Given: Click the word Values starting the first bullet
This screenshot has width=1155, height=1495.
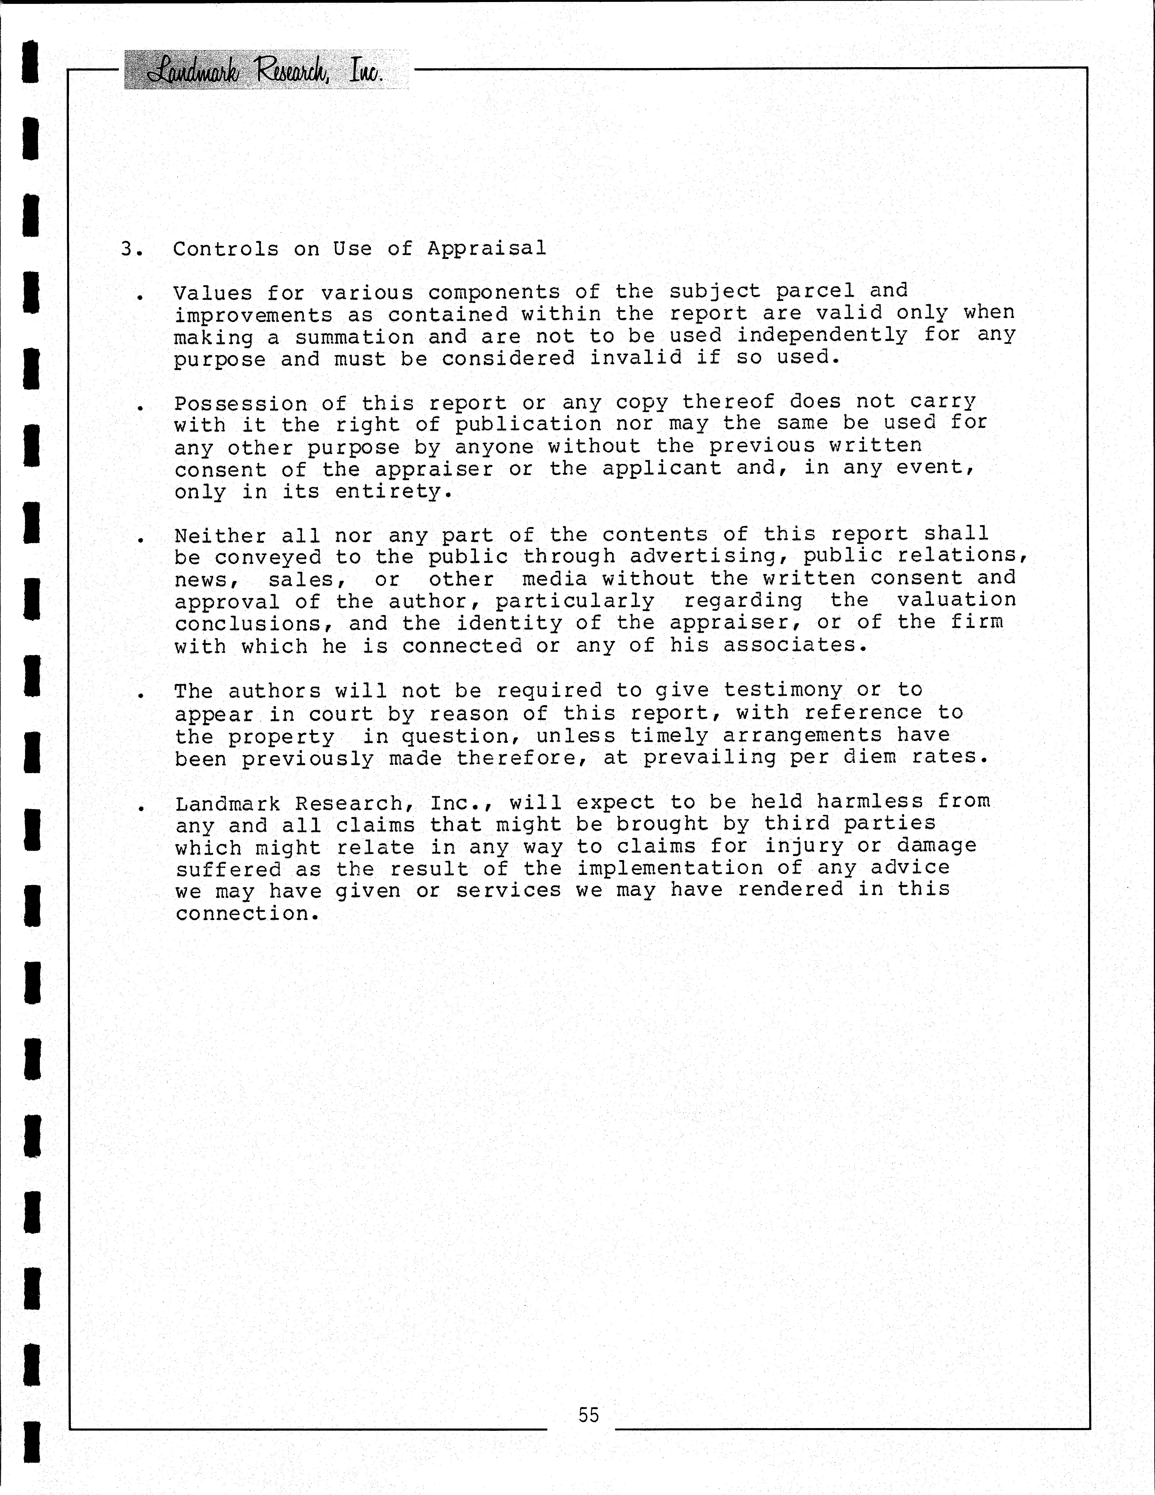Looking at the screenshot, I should tap(213, 293).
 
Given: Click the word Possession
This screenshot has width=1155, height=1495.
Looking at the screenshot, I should tap(240, 404).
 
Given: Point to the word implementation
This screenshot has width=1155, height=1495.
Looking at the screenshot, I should tap(669, 868).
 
